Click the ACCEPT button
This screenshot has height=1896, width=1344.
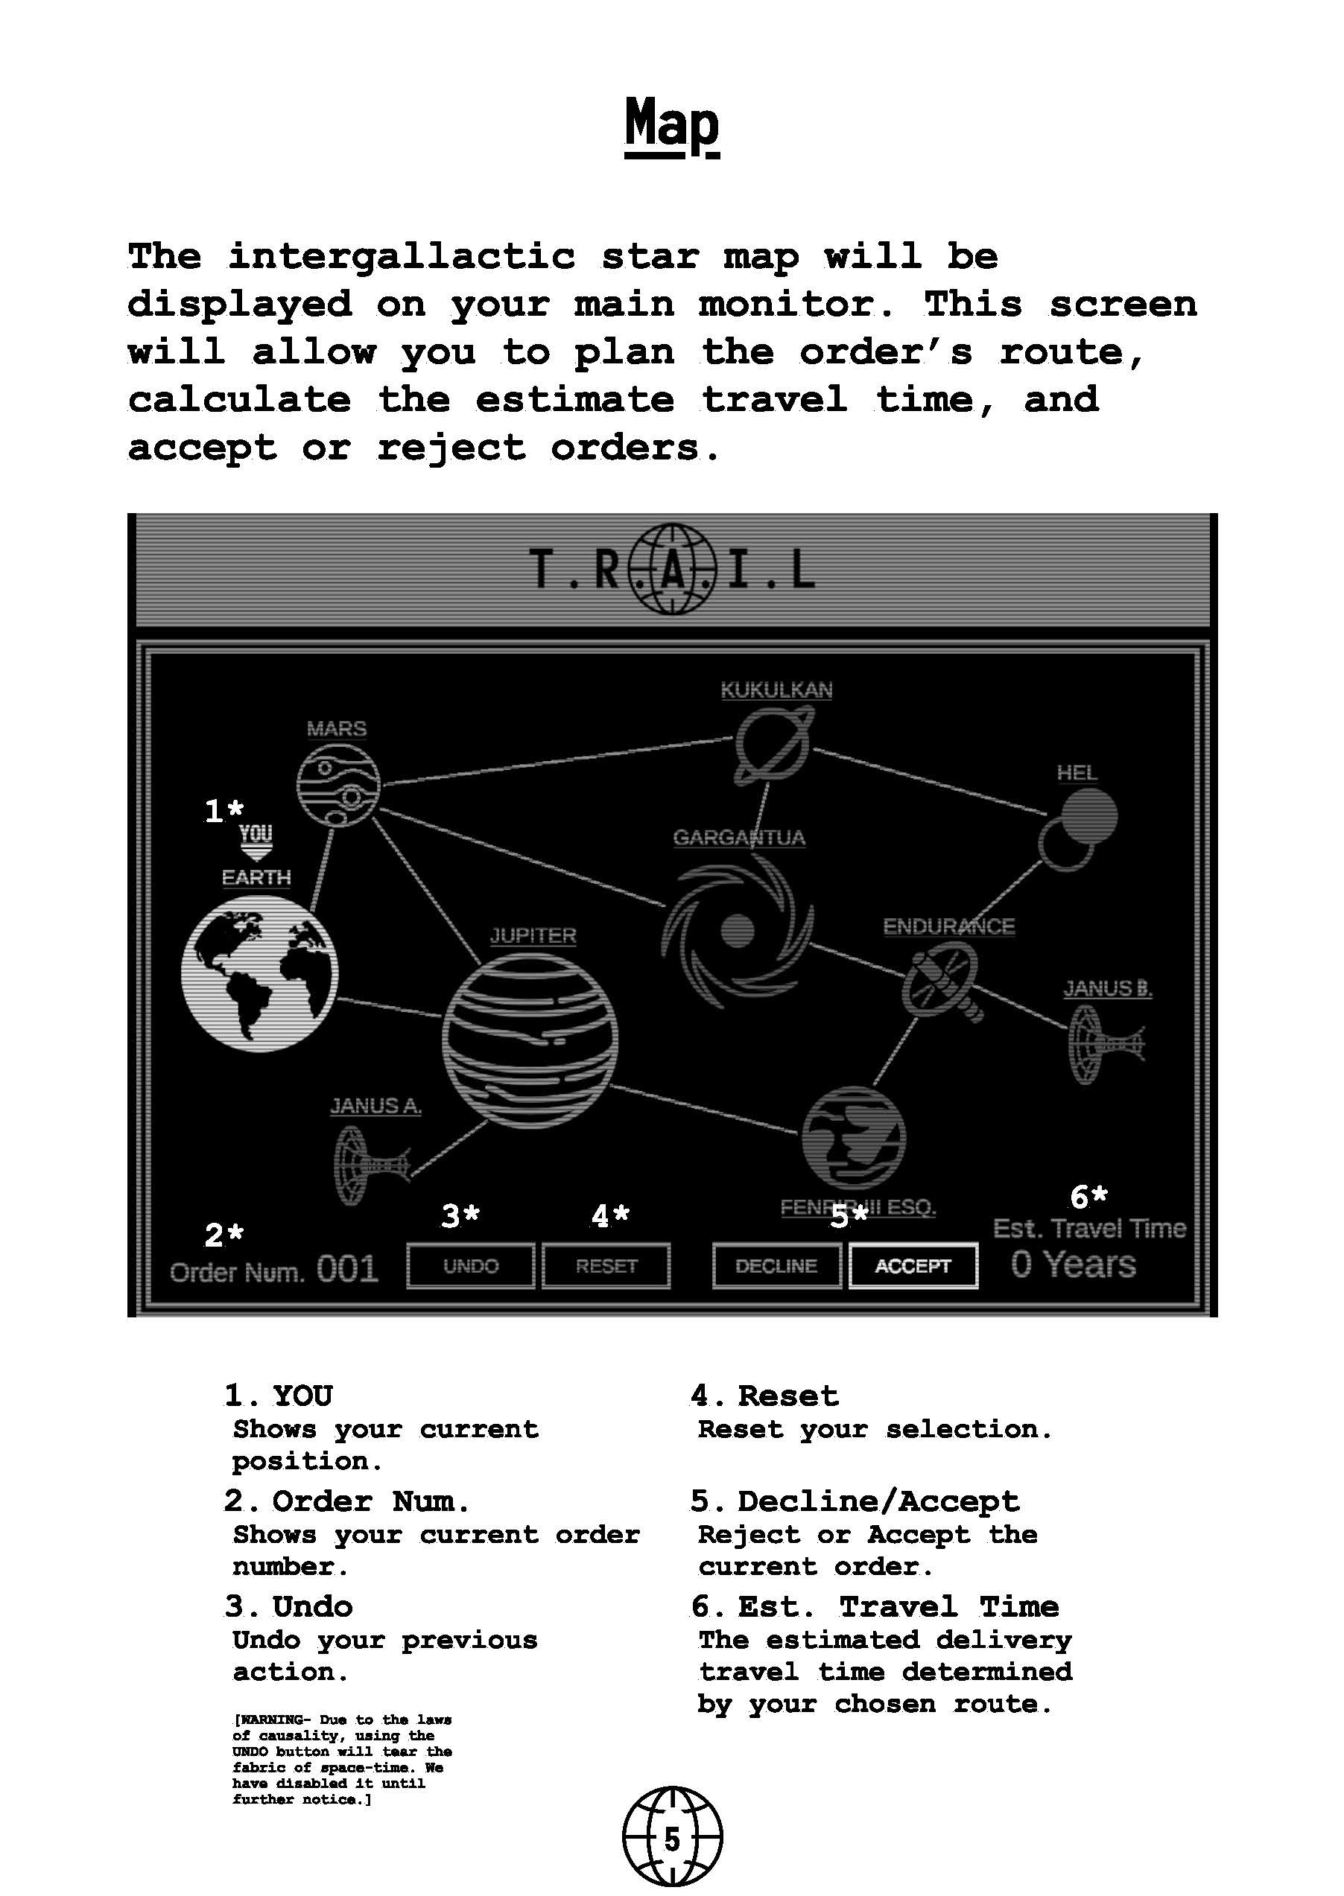coord(913,1266)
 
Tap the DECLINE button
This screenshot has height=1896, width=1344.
coord(776,1266)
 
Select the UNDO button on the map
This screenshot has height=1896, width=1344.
coord(470,1266)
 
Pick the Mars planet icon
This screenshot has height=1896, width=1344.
coord(338,785)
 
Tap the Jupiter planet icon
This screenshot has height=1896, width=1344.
coord(530,1040)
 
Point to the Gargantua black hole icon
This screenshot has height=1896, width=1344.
coord(738,932)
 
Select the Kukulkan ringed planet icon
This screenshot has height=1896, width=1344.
coord(774,746)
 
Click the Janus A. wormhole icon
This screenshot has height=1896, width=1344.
coord(369,1166)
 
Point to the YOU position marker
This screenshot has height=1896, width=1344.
coord(256,842)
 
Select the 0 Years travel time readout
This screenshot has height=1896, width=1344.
coord(1074,1264)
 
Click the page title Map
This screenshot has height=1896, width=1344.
coord(671,124)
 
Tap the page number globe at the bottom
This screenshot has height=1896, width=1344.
coord(672,1839)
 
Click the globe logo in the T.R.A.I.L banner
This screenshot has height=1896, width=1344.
coord(672,569)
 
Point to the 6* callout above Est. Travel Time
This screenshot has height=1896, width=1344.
coord(1088,1197)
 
